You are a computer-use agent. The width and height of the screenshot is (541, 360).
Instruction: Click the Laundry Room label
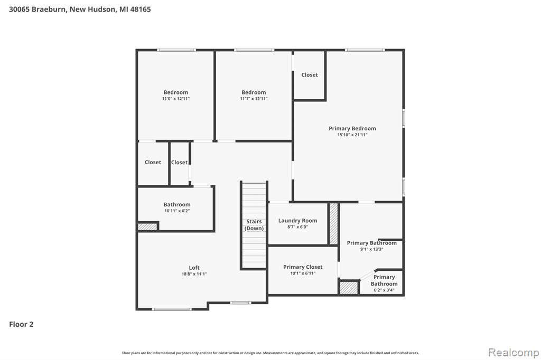coord(297,221)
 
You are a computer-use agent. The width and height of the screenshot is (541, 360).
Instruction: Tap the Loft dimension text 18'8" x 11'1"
coord(194,274)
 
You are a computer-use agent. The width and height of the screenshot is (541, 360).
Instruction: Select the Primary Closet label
coord(303,267)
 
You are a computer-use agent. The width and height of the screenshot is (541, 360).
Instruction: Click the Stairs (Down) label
coord(254,225)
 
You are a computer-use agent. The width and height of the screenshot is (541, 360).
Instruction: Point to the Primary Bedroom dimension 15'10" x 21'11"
coord(352,135)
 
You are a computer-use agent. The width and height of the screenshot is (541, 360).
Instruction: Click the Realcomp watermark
coord(514,353)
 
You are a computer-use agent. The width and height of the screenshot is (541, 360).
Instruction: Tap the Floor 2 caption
coord(21,324)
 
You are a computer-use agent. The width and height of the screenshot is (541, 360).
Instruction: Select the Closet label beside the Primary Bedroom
coord(310,75)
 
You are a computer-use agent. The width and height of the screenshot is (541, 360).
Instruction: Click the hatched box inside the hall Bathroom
coord(148,226)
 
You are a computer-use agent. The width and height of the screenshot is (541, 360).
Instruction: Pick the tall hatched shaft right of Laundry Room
coord(333,224)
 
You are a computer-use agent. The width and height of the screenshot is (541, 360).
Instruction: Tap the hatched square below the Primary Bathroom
coord(349,288)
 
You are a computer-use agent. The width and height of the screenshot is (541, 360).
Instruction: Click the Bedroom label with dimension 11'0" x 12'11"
coord(175,92)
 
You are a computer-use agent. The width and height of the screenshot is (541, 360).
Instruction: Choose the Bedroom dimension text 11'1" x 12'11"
coord(254,99)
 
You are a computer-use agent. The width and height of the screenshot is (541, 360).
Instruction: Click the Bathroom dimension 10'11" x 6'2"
coord(176,211)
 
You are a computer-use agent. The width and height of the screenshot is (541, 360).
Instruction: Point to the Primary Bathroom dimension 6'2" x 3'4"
coord(384,290)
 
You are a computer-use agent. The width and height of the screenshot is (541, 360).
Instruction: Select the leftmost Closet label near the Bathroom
coord(153,162)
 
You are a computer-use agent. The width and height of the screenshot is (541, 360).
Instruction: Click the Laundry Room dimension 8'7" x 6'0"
coord(297,227)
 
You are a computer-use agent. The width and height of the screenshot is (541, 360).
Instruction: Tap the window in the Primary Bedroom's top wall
coord(365,50)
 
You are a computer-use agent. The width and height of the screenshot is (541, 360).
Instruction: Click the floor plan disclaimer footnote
coord(270,353)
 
